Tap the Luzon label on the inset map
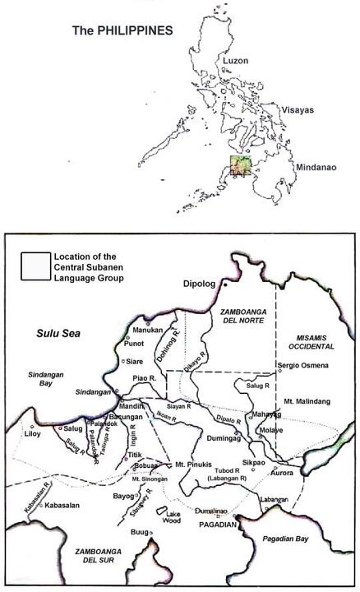(x=236, y=61)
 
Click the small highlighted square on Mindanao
(x=238, y=167)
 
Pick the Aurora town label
(x=282, y=474)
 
